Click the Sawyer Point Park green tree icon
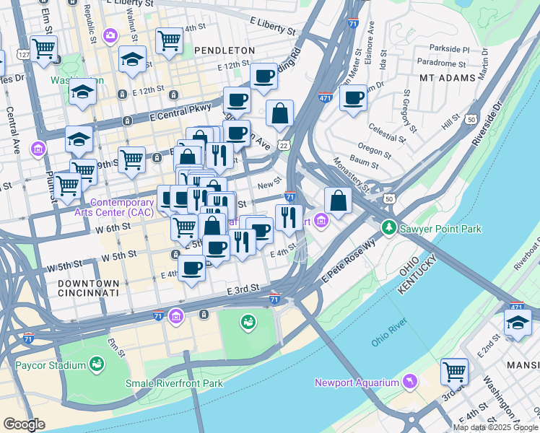(x=389, y=228)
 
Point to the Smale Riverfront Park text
(x=174, y=383)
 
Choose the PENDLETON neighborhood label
(x=225, y=51)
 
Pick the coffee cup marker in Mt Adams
(x=353, y=98)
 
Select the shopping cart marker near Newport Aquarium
(x=454, y=372)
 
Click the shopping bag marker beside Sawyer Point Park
(x=338, y=201)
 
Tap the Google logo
(x=24, y=424)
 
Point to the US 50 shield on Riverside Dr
(x=471, y=118)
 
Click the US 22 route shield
(x=286, y=145)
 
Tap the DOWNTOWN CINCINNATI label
(x=88, y=288)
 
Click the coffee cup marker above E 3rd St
(x=191, y=268)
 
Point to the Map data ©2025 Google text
(x=495, y=427)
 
